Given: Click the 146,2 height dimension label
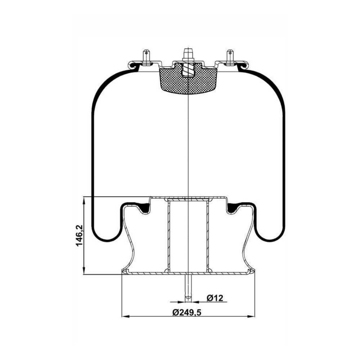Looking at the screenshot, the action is pyautogui.click(x=80, y=235).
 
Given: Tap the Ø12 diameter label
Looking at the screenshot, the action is pyautogui.click(x=215, y=298).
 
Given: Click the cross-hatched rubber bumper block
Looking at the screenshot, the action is pyautogui.click(x=188, y=78).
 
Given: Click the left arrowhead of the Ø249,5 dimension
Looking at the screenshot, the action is pyautogui.click(x=124, y=316).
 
